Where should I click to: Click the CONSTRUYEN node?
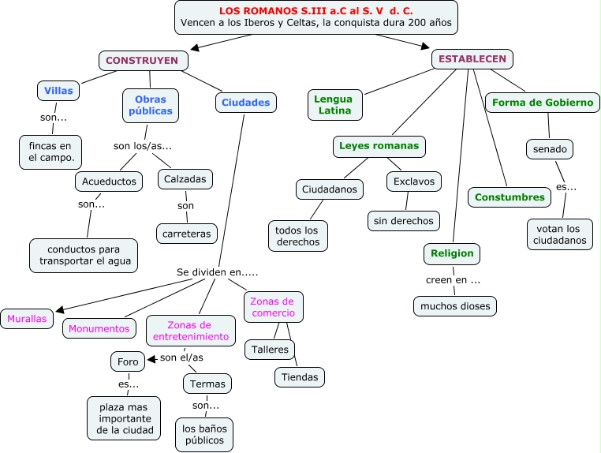click(x=143, y=60)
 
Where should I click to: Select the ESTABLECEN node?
click(x=472, y=59)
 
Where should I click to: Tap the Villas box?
click(x=58, y=91)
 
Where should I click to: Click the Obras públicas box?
click(x=150, y=106)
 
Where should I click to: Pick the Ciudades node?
click(x=245, y=103)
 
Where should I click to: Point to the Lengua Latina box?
click(x=334, y=105)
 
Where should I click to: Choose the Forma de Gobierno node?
click(x=542, y=103)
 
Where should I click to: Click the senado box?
click(x=549, y=148)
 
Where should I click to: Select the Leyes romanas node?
click(x=379, y=146)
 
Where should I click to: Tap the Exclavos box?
click(x=414, y=182)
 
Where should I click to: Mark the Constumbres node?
click(x=510, y=197)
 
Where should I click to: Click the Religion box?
click(x=452, y=253)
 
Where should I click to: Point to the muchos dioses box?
click(x=455, y=305)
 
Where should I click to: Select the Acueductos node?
click(x=110, y=182)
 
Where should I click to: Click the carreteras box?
click(x=186, y=234)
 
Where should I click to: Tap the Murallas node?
click(x=27, y=320)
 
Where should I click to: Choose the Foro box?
click(x=128, y=362)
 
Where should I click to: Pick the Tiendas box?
click(x=300, y=377)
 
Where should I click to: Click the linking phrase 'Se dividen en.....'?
click(x=218, y=272)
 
